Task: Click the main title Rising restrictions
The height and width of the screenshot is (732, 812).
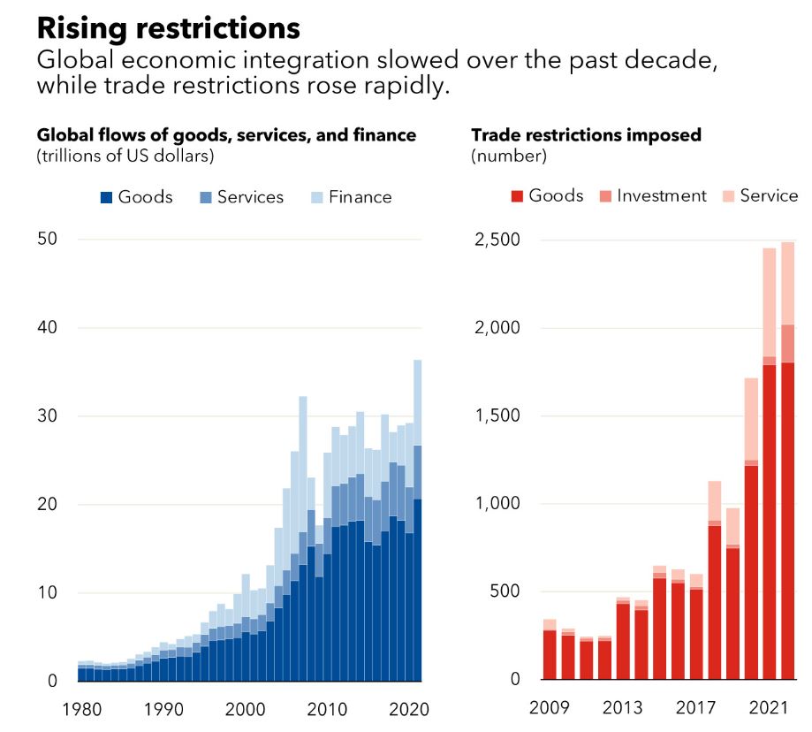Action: click(x=168, y=28)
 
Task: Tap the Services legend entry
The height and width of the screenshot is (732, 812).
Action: click(x=241, y=197)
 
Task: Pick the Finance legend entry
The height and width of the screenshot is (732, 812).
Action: click(x=351, y=197)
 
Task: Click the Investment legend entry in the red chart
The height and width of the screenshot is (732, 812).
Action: click(x=653, y=196)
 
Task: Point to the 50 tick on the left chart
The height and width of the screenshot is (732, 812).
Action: click(x=46, y=240)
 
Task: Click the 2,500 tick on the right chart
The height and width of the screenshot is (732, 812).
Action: click(x=496, y=240)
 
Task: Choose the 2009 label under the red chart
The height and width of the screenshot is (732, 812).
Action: click(x=549, y=709)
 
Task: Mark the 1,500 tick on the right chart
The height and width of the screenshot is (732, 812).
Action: click(x=496, y=416)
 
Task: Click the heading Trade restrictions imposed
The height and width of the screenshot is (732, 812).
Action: click(x=586, y=135)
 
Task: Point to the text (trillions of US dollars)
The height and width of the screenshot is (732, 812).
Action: click(x=125, y=156)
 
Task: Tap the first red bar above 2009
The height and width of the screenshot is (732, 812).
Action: click(x=550, y=654)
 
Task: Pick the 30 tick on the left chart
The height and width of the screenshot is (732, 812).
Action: click(x=46, y=416)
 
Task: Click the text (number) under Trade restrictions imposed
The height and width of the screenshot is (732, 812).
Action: click(x=509, y=156)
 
